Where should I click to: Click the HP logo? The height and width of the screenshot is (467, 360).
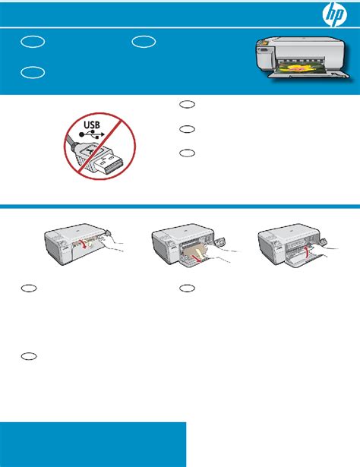[x=335, y=14]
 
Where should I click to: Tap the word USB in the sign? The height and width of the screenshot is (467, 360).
[x=92, y=125]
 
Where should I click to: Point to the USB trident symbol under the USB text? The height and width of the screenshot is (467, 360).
[x=91, y=134]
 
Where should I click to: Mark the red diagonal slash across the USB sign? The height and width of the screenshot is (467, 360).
[x=99, y=147]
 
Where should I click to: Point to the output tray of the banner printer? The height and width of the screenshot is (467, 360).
[x=308, y=74]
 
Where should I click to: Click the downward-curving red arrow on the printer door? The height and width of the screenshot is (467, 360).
[x=85, y=244]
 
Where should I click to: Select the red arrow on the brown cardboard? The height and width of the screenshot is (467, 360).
[x=196, y=257]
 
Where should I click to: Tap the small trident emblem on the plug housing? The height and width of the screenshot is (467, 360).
[x=90, y=152]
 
